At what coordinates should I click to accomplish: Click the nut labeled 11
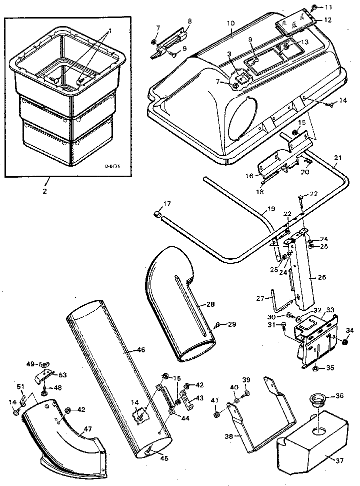(314, 7)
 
